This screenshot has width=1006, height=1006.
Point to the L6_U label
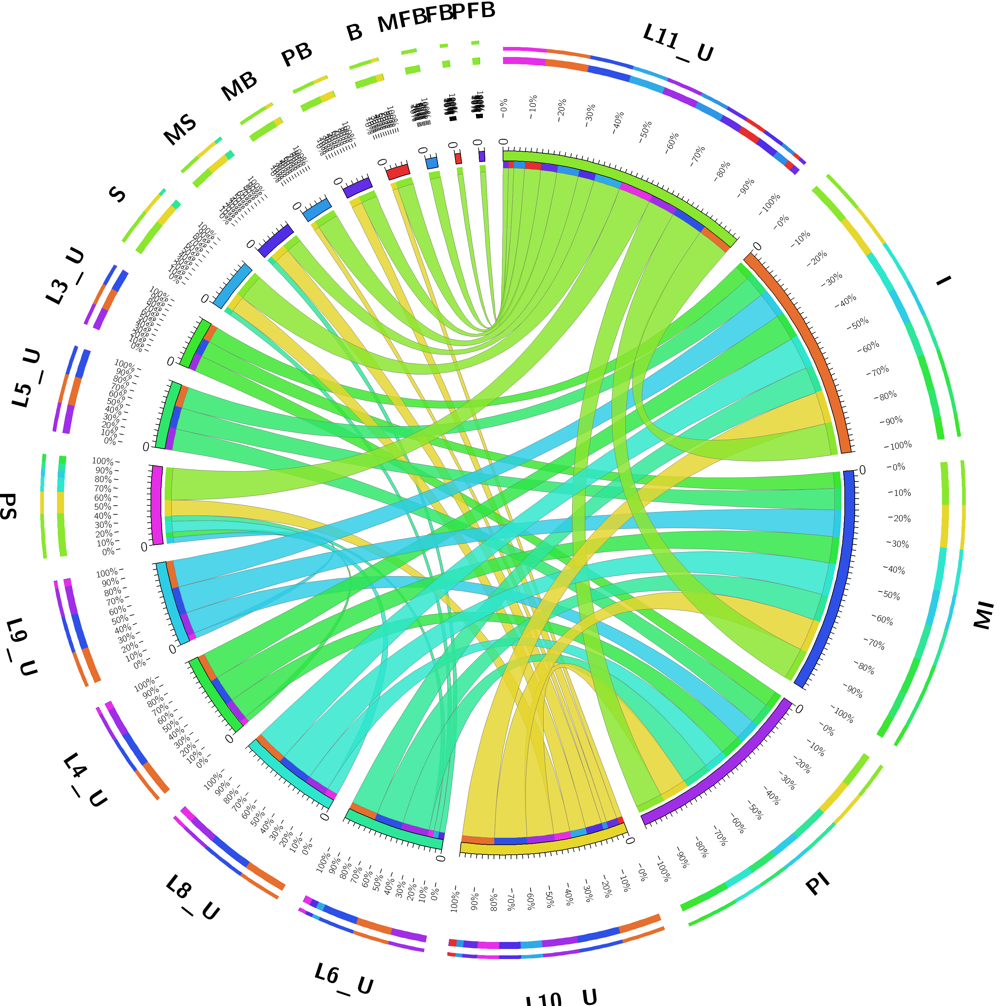[x=344, y=979]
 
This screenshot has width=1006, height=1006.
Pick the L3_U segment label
[x=65, y=276]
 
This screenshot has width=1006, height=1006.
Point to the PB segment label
[x=297, y=55]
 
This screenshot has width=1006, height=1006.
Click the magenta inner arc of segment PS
[x=156, y=505]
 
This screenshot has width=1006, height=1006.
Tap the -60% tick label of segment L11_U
[x=672, y=142]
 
